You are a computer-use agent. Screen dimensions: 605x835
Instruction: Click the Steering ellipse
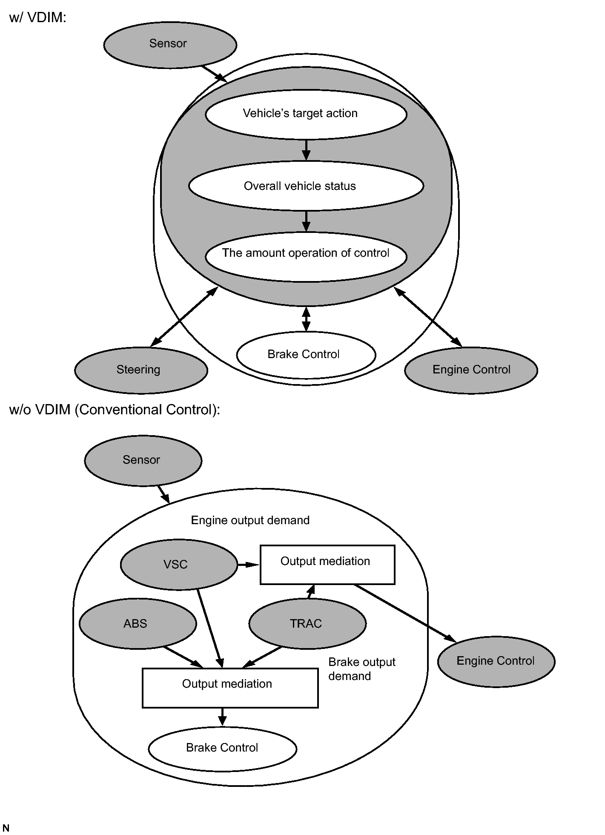click(141, 370)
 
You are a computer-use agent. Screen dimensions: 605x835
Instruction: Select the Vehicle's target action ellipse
click(306, 114)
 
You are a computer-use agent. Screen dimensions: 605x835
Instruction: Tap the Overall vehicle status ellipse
click(306, 186)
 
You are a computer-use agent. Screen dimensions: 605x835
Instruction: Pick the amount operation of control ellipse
click(306, 257)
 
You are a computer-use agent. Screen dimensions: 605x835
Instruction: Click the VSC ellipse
click(179, 565)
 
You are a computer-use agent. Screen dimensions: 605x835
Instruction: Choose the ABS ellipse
click(138, 624)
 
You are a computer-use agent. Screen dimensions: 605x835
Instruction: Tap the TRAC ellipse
click(307, 624)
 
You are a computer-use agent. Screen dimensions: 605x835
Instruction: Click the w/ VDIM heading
click(37, 17)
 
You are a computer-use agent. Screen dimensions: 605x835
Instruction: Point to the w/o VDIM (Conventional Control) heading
click(115, 410)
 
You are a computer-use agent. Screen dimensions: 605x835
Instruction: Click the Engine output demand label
click(250, 520)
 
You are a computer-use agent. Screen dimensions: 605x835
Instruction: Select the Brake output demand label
click(362, 669)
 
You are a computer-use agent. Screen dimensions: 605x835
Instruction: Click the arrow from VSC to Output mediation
click(248, 565)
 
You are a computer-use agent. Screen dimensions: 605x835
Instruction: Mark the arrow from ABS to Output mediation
click(183, 657)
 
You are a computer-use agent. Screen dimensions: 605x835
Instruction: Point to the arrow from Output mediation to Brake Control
click(222, 717)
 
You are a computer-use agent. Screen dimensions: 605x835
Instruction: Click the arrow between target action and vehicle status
click(306, 150)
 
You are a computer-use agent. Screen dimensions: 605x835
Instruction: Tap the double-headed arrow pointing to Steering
click(184, 316)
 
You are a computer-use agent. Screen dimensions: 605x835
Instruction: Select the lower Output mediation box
click(230, 688)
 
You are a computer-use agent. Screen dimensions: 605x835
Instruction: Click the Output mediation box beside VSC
click(327, 565)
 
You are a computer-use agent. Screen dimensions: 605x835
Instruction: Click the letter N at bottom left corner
click(6, 828)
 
